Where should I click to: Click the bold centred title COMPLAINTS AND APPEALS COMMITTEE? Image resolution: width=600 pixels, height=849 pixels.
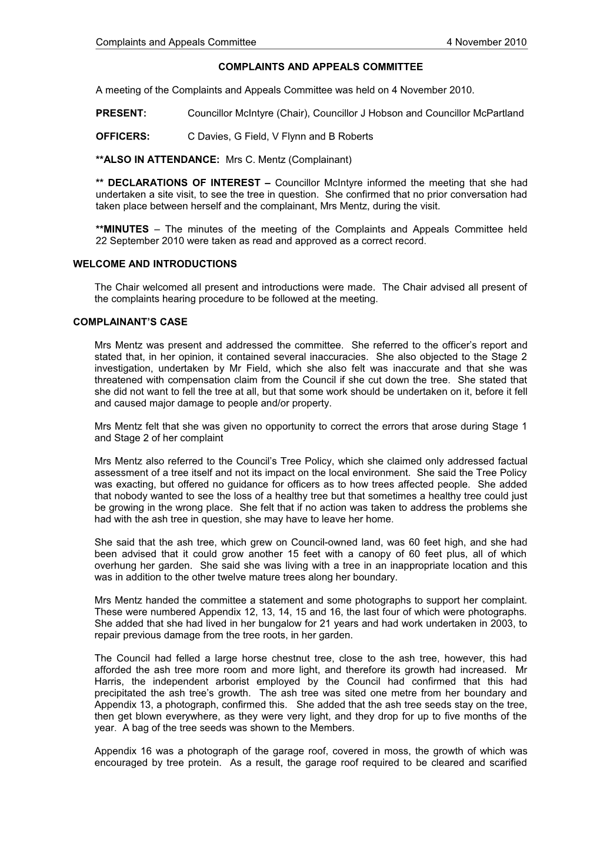[x=320, y=67]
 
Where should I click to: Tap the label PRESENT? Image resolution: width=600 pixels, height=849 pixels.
[x=121, y=114]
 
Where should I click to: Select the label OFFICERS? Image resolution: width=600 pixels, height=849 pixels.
[x=123, y=136]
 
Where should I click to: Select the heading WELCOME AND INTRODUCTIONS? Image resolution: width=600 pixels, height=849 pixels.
[x=155, y=264]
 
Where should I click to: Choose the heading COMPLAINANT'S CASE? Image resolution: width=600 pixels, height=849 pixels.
[x=130, y=322]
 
